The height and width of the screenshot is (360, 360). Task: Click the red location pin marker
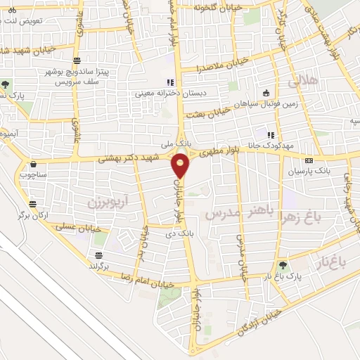[x=181, y=166]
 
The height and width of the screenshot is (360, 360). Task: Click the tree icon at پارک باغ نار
[x=283, y=265]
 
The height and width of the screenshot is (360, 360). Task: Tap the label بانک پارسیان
[x=309, y=171]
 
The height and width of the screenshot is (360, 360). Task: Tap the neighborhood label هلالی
[x=303, y=82]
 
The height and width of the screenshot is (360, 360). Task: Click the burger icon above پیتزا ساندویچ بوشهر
[x=77, y=60]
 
